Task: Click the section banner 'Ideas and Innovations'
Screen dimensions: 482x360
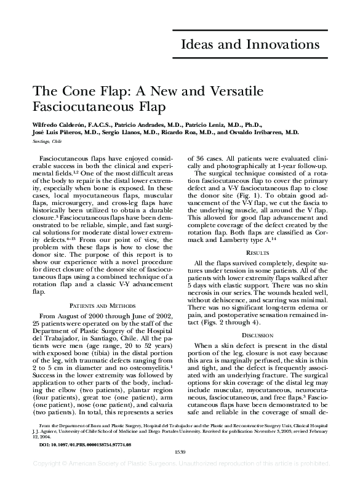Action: [x=249, y=45]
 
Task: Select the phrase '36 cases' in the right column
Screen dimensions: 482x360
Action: [x=209, y=158]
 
